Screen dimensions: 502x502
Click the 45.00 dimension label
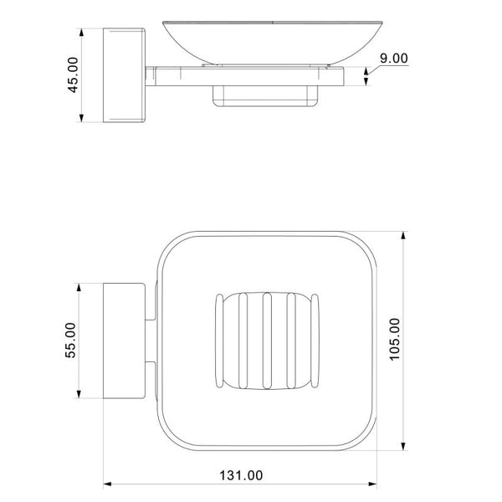pyautogui.click(x=73, y=75)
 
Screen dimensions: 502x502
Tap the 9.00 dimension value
pyautogui.click(x=394, y=59)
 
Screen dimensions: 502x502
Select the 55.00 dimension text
pyautogui.click(x=70, y=340)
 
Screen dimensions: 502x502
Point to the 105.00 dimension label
pyautogui.click(x=394, y=340)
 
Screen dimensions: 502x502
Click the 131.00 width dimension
pyautogui.click(x=241, y=475)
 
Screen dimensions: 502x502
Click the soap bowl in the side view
pyautogui.click(x=273, y=43)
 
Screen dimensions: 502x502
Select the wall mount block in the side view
pyautogui.click(x=124, y=75)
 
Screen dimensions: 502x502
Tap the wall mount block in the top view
pyautogui.click(x=124, y=341)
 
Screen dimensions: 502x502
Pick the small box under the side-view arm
pyautogui.click(x=265, y=95)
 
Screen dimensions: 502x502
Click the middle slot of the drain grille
pyautogui.click(x=267, y=341)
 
